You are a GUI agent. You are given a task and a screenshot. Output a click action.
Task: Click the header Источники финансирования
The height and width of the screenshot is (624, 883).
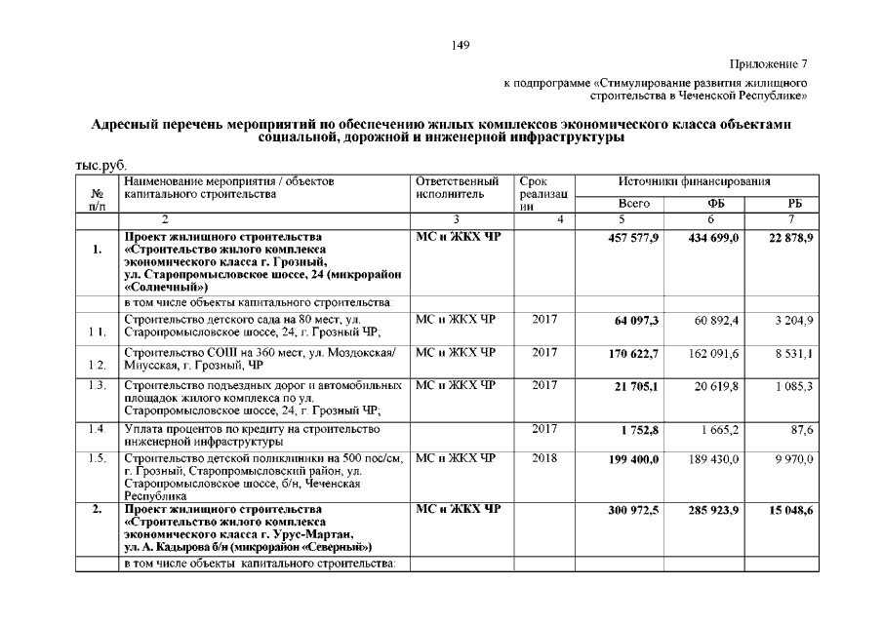tap(695, 182)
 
